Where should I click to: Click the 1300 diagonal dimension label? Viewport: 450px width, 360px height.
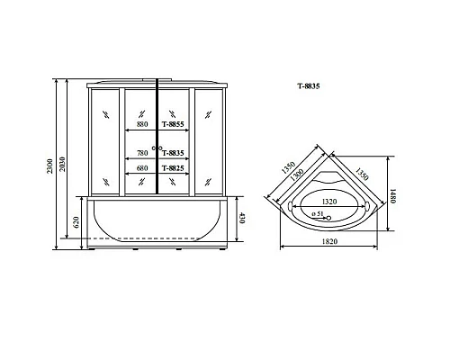(x=300, y=180)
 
